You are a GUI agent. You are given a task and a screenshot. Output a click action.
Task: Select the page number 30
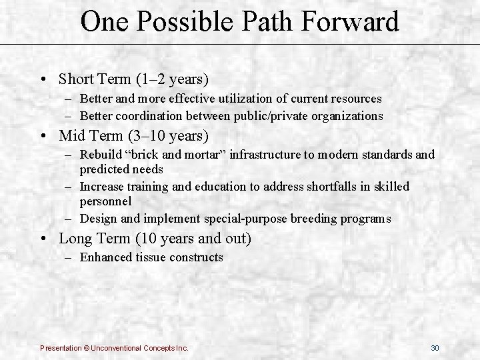click(x=435, y=348)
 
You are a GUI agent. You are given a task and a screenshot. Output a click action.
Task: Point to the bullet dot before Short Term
click(x=43, y=79)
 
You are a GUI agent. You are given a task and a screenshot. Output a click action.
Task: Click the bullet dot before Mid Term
click(x=43, y=137)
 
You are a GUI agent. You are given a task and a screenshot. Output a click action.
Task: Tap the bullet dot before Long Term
click(x=43, y=238)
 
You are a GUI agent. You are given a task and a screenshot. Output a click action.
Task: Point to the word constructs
click(x=197, y=257)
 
